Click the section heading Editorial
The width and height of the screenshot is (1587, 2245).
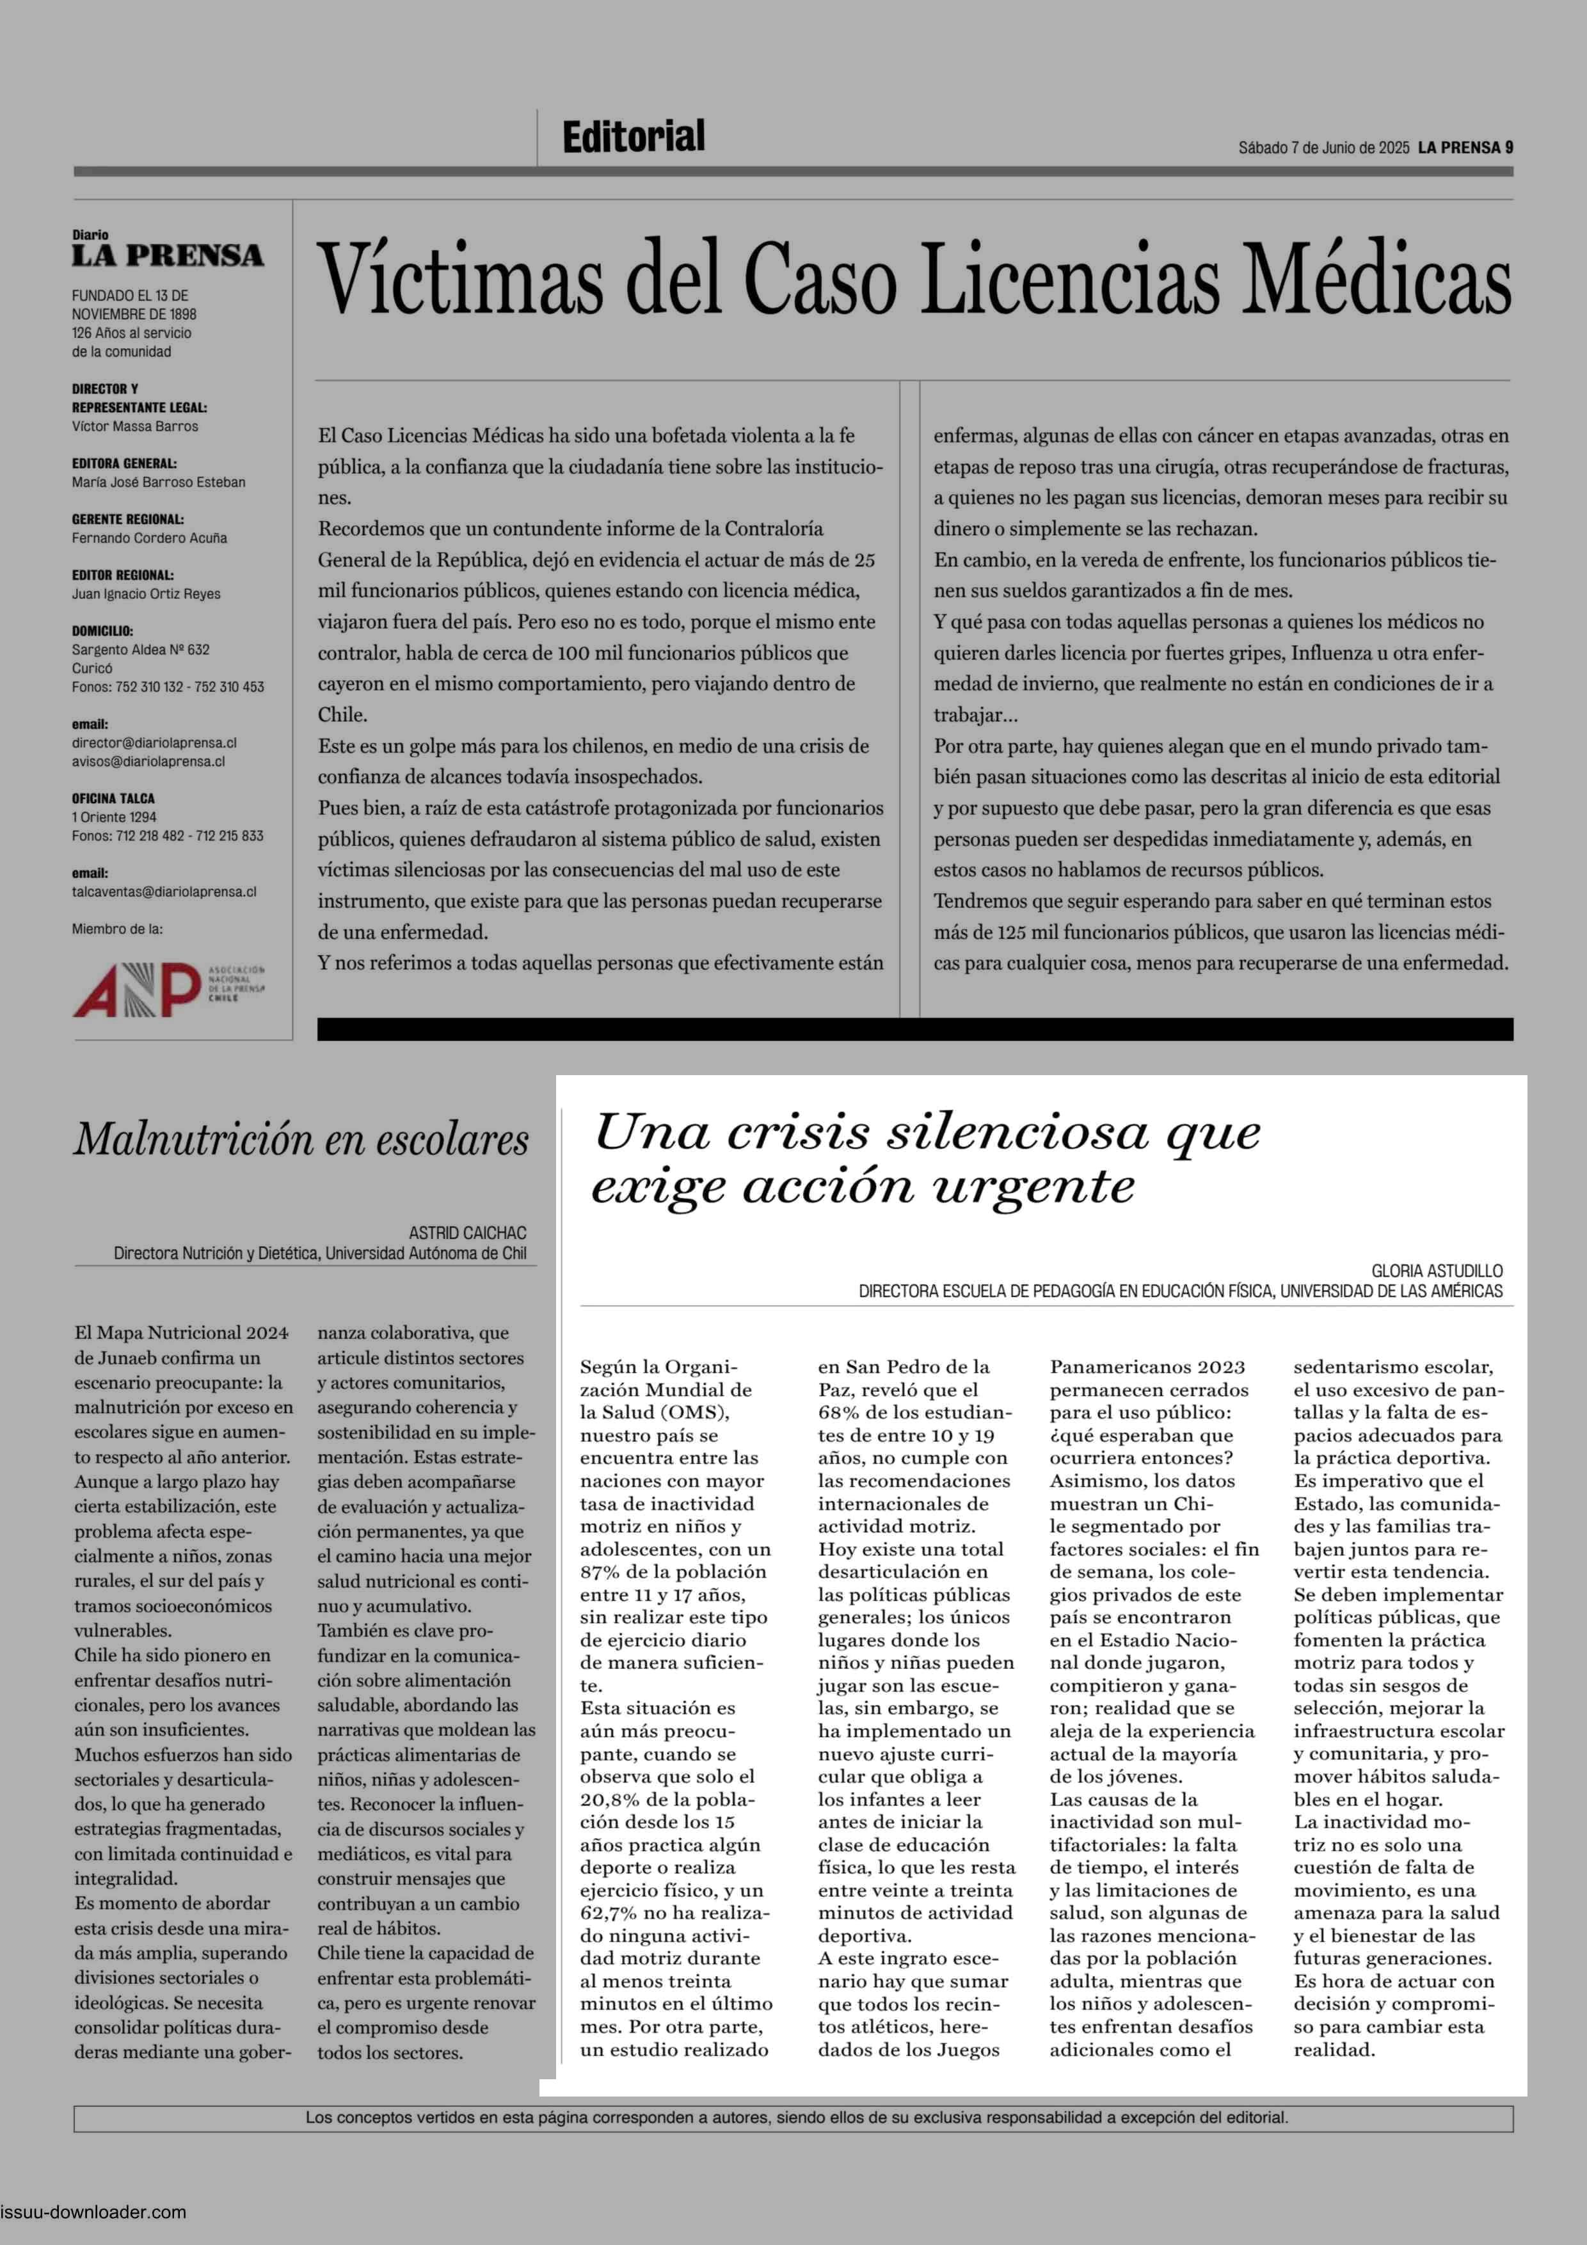pos(633,137)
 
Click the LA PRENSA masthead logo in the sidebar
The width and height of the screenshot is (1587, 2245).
pos(167,256)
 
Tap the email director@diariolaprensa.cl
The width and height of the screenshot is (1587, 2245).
pos(154,743)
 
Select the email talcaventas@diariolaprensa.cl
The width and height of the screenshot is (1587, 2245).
pos(163,891)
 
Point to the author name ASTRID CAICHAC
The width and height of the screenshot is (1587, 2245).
pos(467,1233)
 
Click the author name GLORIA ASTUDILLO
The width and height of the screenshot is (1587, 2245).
pos(1437,1271)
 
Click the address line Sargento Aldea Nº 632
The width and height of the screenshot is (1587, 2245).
pos(140,650)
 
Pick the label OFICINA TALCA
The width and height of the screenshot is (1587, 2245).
pos(113,799)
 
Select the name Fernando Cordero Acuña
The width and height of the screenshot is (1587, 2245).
pos(148,538)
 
